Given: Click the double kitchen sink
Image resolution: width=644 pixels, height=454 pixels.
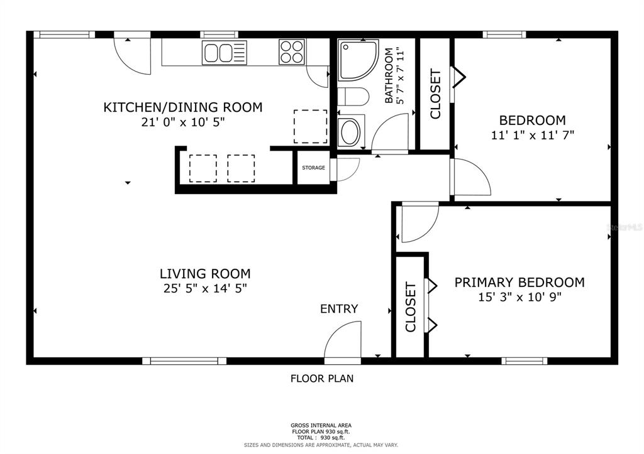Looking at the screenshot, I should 225,52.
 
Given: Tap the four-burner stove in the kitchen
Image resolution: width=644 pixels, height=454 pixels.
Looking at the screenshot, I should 291,51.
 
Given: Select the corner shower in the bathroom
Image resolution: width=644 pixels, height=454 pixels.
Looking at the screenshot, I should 357,60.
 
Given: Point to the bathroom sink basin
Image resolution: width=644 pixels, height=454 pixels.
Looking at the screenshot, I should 350,132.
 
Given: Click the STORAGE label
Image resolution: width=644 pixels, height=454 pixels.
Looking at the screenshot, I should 313,168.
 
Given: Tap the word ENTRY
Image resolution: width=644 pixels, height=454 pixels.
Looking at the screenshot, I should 339,309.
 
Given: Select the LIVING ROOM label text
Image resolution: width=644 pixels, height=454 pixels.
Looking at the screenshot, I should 205,274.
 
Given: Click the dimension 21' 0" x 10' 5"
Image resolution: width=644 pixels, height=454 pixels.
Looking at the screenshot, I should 182,122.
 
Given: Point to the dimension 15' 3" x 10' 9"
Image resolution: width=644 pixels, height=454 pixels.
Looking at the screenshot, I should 519,297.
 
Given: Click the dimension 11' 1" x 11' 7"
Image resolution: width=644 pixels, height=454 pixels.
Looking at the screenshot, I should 532,134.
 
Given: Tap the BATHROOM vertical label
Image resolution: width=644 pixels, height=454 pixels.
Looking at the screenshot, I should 394,75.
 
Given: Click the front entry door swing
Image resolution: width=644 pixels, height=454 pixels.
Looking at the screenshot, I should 344,342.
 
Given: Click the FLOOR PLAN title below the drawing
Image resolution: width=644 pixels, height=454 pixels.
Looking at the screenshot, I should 321,379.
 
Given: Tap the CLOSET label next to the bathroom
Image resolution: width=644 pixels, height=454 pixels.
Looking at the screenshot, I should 435,94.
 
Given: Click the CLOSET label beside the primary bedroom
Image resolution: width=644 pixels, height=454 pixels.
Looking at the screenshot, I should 411,307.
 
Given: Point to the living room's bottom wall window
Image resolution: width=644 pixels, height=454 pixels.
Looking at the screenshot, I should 184,360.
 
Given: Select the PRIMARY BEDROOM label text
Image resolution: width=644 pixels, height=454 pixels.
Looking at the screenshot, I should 519,283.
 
